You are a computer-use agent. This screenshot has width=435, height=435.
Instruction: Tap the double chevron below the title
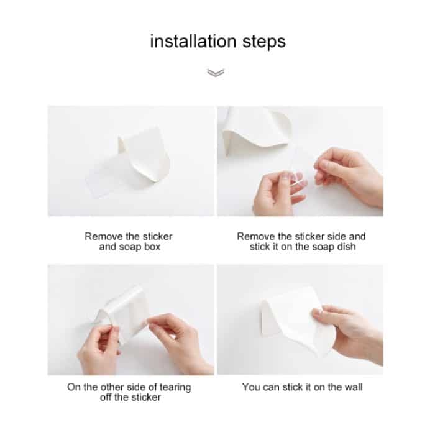click(x=215, y=73)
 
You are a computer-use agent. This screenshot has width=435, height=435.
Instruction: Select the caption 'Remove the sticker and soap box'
click(x=129, y=242)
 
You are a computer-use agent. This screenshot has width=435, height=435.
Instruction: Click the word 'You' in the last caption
click(x=251, y=387)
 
